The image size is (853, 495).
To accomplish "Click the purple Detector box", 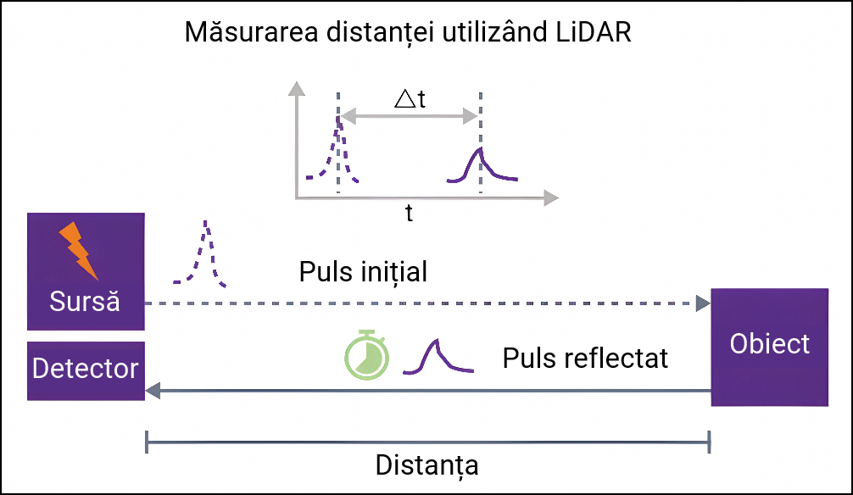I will click(x=86, y=370).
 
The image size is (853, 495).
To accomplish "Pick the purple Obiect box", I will click(x=769, y=347).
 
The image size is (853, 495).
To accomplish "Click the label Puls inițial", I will click(x=363, y=273).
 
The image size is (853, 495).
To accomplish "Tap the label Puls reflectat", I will click(x=585, y=358).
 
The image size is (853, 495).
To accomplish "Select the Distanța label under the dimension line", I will click(x=426, y=465).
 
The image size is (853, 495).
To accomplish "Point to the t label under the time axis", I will click(x=409, y=214).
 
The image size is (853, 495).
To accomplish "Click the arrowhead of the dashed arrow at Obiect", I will click(x=703, y=303).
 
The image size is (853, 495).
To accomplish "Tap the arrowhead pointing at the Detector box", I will click(x=153, y=391).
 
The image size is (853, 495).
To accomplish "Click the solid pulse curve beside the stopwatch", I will click(x=438, y=356).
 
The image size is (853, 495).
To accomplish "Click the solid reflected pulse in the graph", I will click(x=481, y=166).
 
